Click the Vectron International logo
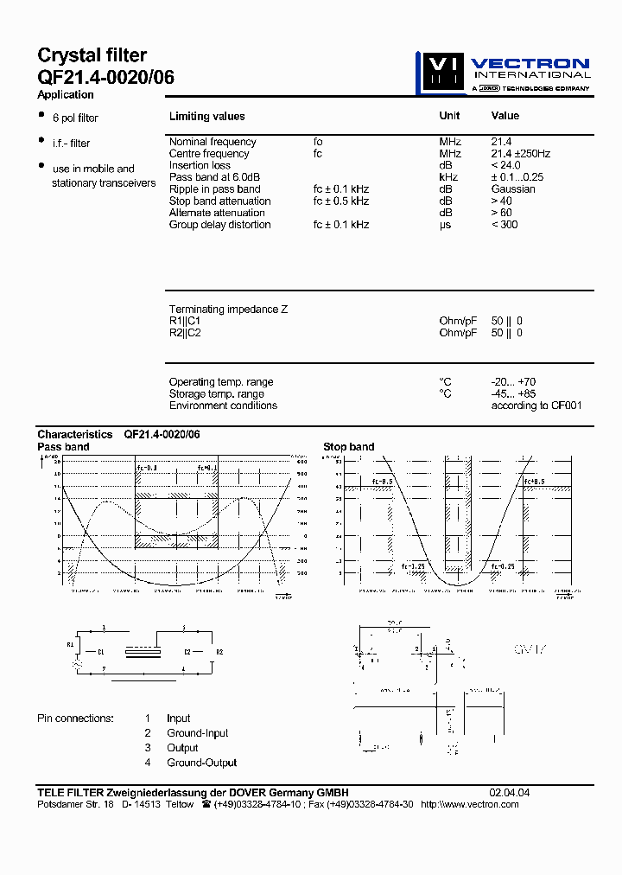point(504,72)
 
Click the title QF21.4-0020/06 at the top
point(105,77)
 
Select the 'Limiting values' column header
point(206,116)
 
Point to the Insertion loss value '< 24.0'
point(506,165)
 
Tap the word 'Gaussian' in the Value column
point(513,188)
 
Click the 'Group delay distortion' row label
point(219,225)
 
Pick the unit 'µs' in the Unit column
point(446,225)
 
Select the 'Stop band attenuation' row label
point(219,201)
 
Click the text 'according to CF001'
point(536,406)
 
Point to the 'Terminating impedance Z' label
point(228,309)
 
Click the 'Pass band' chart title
point(63,447)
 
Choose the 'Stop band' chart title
point(349,447)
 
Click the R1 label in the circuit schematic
point(71,645)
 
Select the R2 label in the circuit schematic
point(219,652)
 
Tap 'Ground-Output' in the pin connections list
point(201,763)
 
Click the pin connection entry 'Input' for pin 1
point(179,719)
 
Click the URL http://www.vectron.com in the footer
point(470,804)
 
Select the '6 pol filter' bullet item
point(75,118)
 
